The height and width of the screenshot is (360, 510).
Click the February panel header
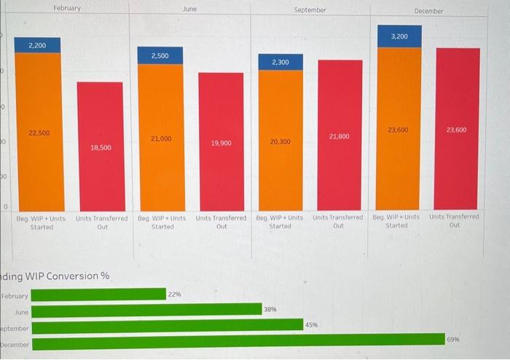coord(67,8)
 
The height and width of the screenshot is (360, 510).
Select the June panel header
coord(190,9)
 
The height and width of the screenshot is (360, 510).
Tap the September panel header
coord(310,10)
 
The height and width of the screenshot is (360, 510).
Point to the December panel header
coord(429,11)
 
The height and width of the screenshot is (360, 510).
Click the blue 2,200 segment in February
coord(38,45)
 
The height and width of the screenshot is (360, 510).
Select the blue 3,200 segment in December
coord(399,36)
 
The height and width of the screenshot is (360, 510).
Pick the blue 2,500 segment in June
coord(160,55)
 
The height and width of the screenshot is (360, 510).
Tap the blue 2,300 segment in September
coord(280,63)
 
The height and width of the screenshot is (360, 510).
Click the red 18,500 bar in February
coord(101,146)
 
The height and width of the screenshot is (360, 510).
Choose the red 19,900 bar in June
coord(221,141)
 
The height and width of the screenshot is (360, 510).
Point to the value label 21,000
coord(160,138)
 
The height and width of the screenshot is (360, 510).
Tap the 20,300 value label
coord(280,142)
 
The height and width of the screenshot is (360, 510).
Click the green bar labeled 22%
coord(99,294)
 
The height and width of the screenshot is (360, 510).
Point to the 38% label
coord(270,310)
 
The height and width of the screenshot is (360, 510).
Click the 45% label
coord(312,324)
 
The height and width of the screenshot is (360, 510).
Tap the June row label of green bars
coord(22,311)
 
